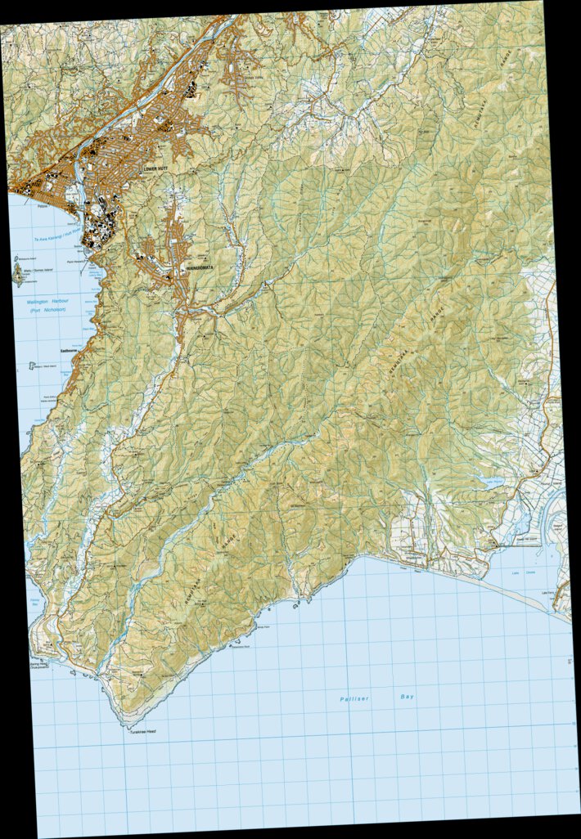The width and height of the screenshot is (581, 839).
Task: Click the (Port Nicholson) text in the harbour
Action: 47,312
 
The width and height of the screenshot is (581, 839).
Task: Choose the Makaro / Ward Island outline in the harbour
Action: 33,366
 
